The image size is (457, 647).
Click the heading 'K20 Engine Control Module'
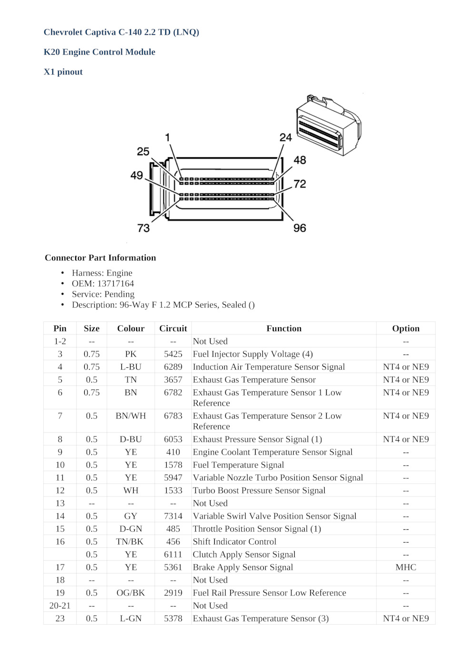[x=99, y=52]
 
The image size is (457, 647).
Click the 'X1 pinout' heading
[x=63, y=72]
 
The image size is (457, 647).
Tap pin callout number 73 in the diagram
[x=143, y=228]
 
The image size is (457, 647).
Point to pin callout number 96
[x=299, y=228]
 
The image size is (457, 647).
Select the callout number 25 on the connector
[x=143, y=152]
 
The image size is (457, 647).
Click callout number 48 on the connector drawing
[x=299, y=160]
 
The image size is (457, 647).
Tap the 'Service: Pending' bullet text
[x=103, y=294]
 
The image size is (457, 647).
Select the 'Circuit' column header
[x=173, y=328]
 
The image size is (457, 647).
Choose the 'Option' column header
[x=406, y=328]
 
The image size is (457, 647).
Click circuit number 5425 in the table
[x=173, y=354]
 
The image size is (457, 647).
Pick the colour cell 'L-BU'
[x=130, y=367]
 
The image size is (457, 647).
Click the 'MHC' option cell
[x=406, y=567]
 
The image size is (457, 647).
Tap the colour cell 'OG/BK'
[x=130, y=593]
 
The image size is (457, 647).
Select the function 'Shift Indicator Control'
[x=234, y=542]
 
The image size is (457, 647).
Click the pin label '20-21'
[x=60, y=606]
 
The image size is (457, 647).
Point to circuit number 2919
[x=173, y=593]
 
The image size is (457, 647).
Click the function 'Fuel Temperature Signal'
[x=238, y=465]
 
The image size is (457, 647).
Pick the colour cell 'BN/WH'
[x=130, y=416]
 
